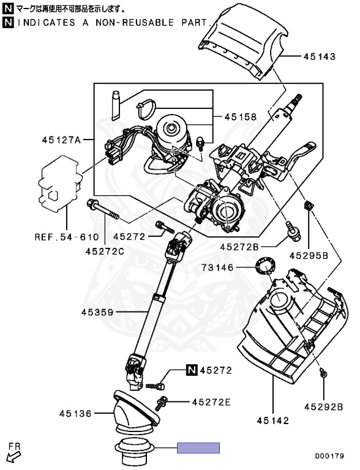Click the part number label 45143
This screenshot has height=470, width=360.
(320, 56)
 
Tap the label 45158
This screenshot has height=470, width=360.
(240, 116)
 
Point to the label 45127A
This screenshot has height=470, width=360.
(61, 139)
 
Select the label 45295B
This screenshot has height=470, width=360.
(309, 255)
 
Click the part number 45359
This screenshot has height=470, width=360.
(97, 312)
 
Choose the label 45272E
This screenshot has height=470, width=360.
(211, 402)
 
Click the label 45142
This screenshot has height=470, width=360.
(272, 420)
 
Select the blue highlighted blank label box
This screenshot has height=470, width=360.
(198, 448)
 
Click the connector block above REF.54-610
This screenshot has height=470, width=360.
(58, 182)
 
